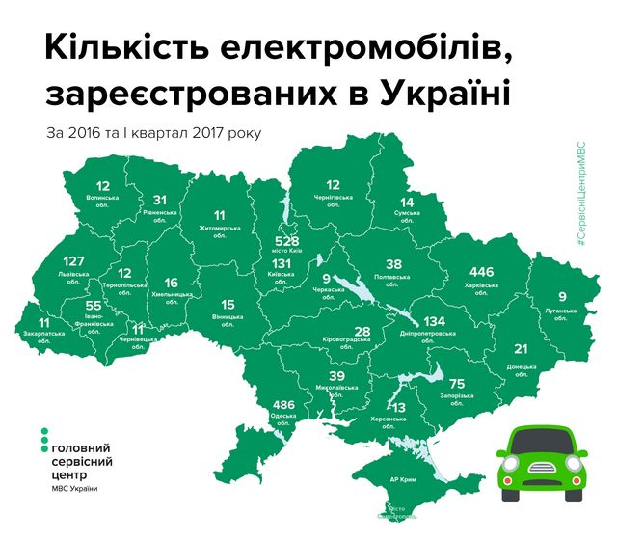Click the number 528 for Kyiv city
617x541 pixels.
tap(290, 240)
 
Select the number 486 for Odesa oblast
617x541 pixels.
tap(283, 404)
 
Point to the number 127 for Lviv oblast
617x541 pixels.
tap(74, 260)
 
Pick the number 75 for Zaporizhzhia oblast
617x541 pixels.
tap(456, 383)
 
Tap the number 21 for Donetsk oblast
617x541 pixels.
tap(521, 348)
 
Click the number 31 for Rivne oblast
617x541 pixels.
tap(160, 201)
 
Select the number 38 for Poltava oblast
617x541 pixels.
tap(393, 263)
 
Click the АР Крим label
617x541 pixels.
tap(404, 479)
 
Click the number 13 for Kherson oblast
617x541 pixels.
tap(398, 409)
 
